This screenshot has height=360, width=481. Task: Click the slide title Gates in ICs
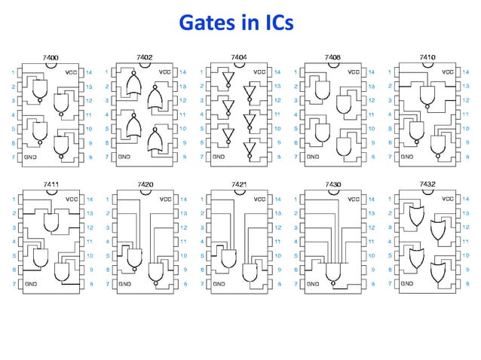240,25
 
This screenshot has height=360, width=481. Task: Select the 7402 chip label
144,57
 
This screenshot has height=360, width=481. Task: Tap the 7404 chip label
238,57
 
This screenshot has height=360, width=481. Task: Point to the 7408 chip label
332,57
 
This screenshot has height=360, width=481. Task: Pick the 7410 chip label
427,57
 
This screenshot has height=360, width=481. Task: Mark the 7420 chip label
144,185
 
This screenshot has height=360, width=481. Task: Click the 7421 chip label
238,185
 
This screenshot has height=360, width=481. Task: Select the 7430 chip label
332,185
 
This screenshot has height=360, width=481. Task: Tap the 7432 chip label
427,185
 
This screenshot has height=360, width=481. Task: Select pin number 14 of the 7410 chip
466,72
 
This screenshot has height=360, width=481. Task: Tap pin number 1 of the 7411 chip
12,200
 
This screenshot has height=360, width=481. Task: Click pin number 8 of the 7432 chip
466,285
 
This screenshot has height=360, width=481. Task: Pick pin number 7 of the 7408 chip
295,157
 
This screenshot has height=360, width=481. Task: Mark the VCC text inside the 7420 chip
165,200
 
